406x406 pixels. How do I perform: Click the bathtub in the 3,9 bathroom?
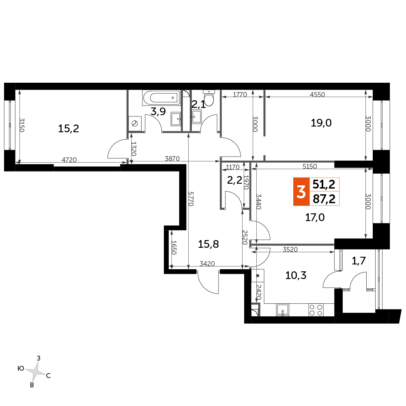161,98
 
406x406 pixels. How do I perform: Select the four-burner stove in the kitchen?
316,310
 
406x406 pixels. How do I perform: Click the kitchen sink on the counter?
283,310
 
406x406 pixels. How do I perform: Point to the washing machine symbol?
135,124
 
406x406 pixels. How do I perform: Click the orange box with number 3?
301,192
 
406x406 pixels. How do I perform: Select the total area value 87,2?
324,199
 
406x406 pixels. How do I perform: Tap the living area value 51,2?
324,185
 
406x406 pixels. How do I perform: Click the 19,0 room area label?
321,123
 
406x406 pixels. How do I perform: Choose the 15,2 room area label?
69,129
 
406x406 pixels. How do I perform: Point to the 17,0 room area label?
315,217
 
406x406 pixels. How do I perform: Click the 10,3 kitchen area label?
296,275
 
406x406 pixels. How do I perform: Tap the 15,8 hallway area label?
208,244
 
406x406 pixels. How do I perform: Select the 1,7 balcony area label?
359,261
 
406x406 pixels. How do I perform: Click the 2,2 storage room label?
234,180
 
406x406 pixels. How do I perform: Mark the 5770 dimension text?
191,199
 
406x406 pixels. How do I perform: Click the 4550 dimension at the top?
318,95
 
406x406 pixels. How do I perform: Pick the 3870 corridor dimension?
172,159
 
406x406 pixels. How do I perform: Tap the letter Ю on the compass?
21,368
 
